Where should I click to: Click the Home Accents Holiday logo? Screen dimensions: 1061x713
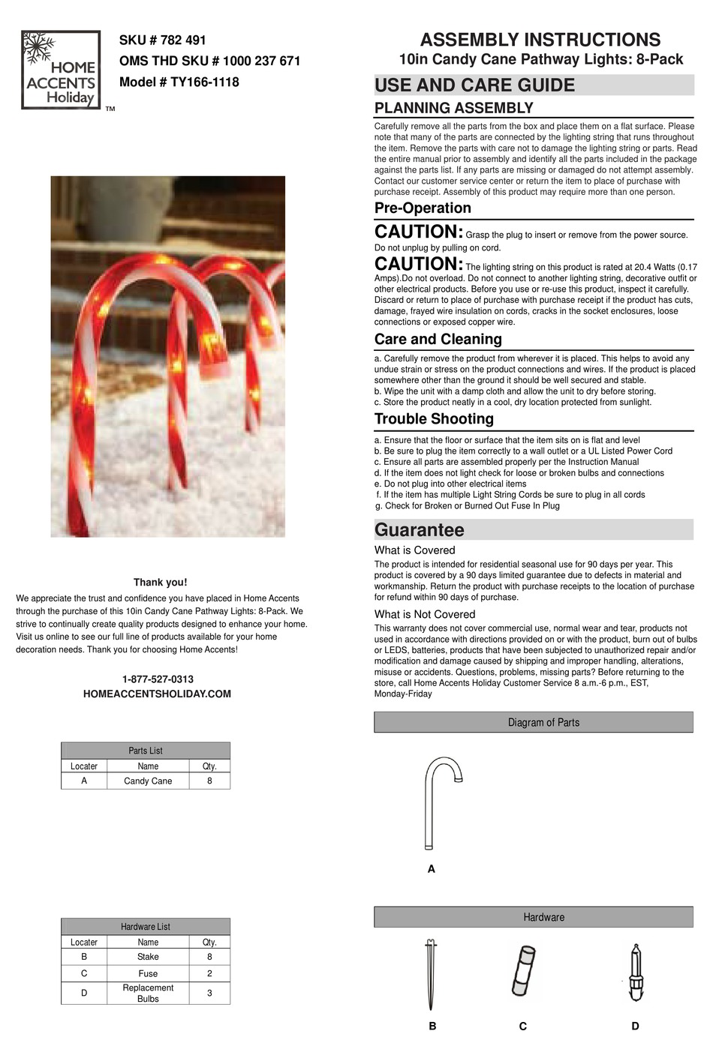(61, 70)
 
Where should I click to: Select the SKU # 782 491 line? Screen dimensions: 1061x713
(162, 40)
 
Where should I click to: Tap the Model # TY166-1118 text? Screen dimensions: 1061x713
(179, 82)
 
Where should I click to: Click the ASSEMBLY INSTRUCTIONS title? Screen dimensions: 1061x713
(540, 40)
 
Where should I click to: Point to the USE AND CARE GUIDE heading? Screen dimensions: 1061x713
(474, 85)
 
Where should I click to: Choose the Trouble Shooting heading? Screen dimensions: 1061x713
(434, 419)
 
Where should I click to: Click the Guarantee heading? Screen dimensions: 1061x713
(419, 530)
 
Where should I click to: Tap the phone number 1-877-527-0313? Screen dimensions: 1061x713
(158, 679)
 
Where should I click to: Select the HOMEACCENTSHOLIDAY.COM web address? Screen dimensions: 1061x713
(157, 694)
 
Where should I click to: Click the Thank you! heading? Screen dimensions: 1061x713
(160, 583)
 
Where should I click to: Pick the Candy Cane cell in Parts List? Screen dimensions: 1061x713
(148, 781)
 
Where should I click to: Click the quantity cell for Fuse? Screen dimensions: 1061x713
(209, 973)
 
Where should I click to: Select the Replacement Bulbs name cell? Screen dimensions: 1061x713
(148, 994)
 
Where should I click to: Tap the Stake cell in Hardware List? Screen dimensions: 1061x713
(148, 958)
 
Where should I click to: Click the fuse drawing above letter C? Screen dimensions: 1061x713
(523, 971)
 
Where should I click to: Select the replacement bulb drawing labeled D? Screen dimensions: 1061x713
(636, 973)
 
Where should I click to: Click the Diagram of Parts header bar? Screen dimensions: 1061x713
(534, 723)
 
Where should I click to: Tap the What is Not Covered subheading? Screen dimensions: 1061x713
(425, 615)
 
